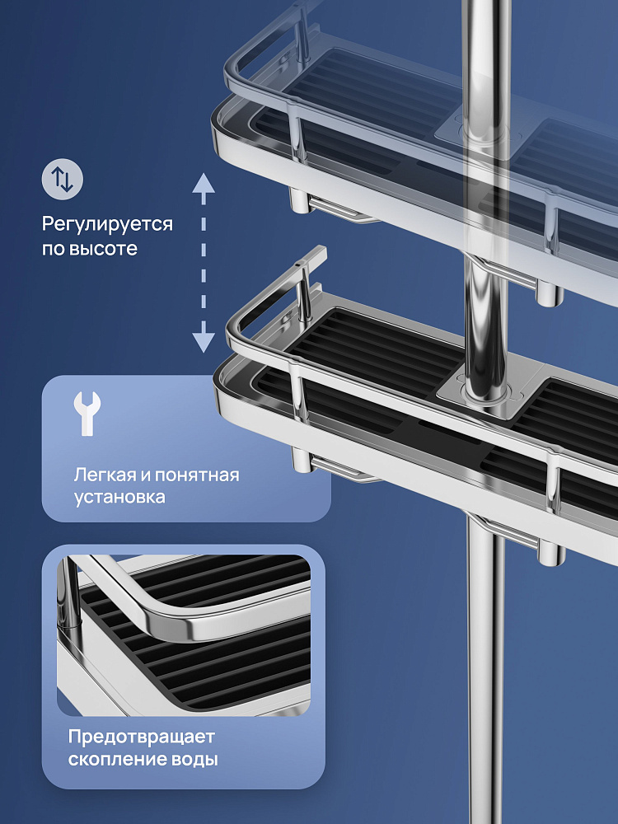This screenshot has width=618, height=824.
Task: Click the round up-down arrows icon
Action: pyautogui.click(x=63, y=179)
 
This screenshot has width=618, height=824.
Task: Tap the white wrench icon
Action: pyautogui.click(x=87, y=414)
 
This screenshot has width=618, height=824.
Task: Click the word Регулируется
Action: pyautogui.click(x=107, y=224)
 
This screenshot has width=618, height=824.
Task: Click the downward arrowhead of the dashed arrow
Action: pyautogui.click(x=204, y=343)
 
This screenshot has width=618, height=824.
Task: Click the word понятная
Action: pyautogui.click(x=197, y=476)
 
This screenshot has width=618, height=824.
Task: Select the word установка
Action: pyautogui.click(x=119, y=497)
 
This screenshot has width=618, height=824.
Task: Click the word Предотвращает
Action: pyautogui.click(x=142, y=737)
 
